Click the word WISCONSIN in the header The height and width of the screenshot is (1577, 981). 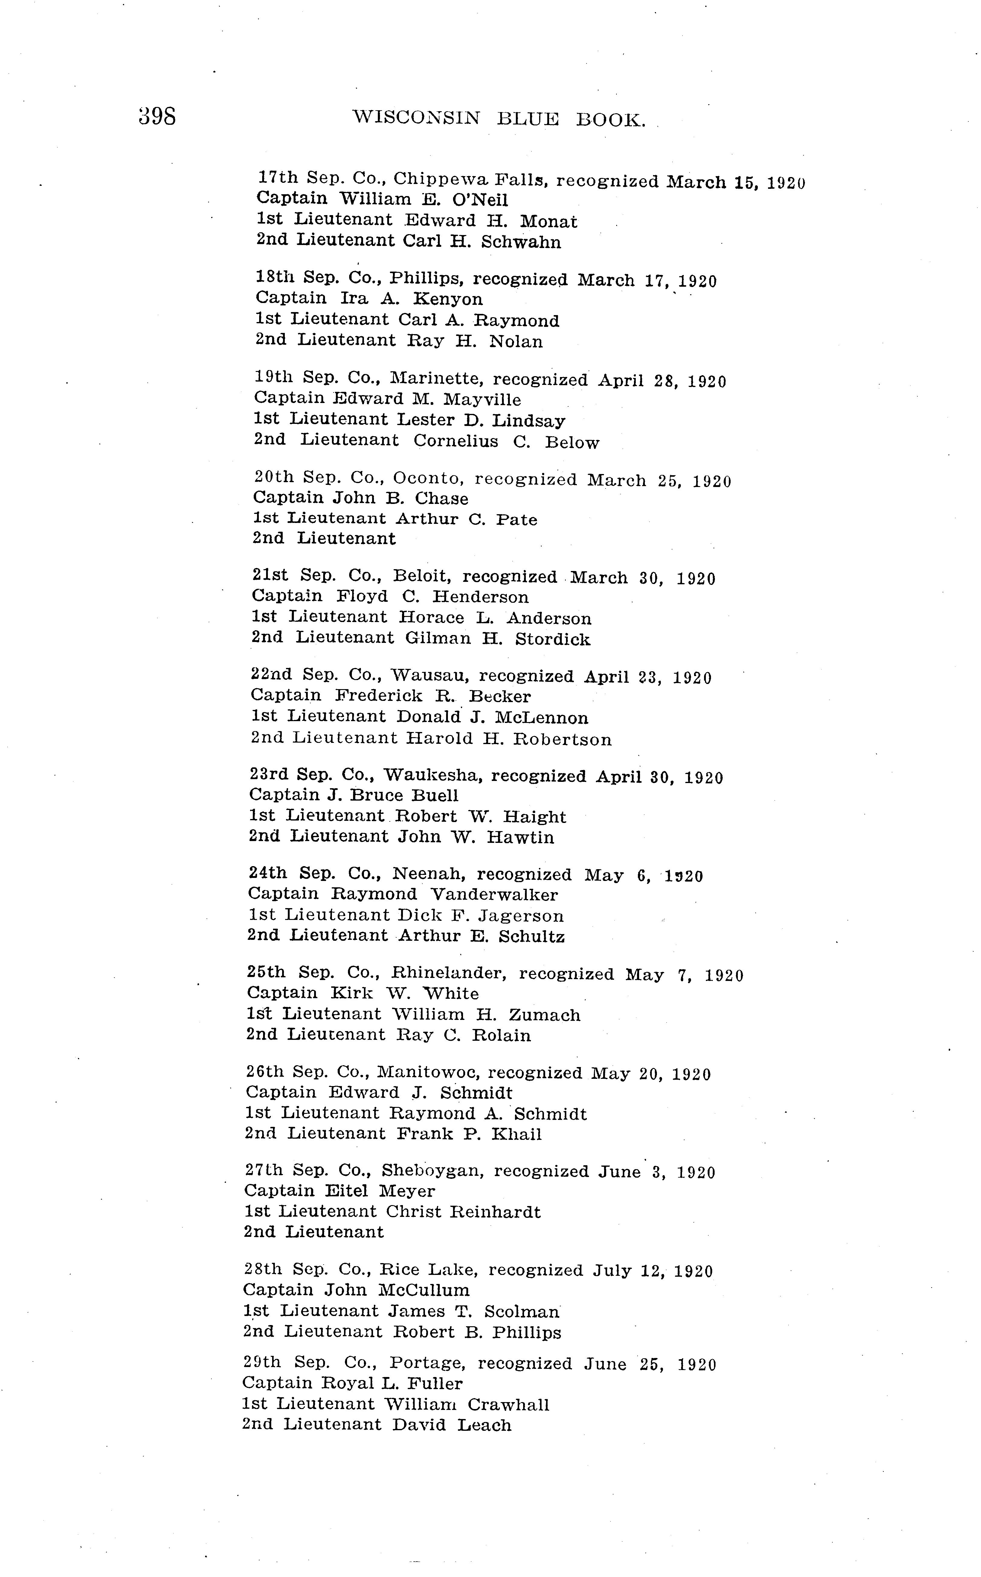click(x=416, y=118)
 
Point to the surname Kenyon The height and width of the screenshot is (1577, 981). click(x=448, y=299)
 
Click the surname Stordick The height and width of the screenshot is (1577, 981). click(x=553, y=639)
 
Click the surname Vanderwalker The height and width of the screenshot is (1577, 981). click(x=494, y=895)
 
